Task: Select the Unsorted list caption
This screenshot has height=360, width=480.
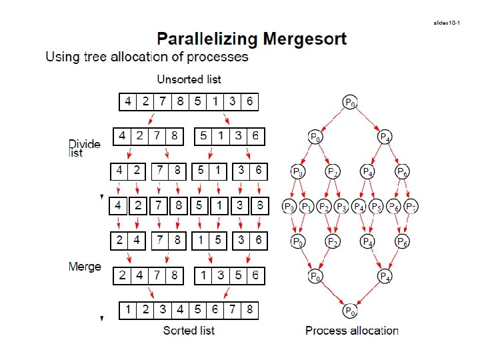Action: click(x=189, y=79)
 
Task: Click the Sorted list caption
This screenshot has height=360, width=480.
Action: click(x=189, y=330)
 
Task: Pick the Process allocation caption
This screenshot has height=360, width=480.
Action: click(x=351, y=330)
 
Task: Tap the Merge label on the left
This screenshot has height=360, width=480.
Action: click(x=85, y=267)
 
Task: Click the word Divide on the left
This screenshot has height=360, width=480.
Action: click(x=85, y=144)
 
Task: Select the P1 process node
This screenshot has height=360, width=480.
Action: click(x=307, y=206)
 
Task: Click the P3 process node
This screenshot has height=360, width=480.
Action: click(x=341, y=206)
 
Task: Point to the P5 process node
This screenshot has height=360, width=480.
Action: click(x=376, y=206)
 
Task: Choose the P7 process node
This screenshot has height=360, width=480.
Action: click(x=411, y=206)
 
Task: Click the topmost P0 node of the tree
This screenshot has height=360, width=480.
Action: click(x=349, y=102)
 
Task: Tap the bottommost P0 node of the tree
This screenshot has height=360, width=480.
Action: click(x=349, y=311)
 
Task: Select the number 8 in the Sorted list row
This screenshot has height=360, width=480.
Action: click(x=249, y=310)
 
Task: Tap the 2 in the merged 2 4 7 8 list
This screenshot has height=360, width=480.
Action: click(x=122, y=275)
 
